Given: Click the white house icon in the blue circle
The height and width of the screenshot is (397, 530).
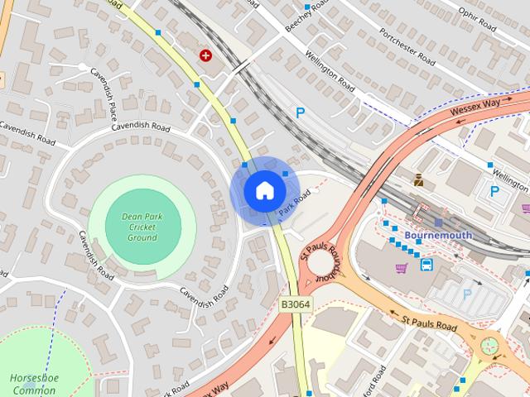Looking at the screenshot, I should (x=264, y=190).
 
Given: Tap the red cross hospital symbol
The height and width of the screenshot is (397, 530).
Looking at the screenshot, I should (x=205, y=55).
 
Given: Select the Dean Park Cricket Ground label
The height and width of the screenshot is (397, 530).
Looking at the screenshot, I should (x=142, y=227).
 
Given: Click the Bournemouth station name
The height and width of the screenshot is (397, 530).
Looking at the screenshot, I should (x=438, y=235).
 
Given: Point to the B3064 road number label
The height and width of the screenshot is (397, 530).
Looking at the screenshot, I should (x=295, y=304).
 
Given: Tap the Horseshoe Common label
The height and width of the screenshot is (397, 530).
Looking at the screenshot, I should (x=32, y=384).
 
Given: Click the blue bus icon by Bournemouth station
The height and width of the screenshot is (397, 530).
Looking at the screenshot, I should (x=426, y=265).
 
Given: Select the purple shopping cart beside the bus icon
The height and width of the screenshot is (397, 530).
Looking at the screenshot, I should (x=402, y=268).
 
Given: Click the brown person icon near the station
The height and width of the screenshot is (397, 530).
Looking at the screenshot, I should (x=419, y=179).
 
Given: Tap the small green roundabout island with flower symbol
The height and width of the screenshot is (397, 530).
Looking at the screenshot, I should (x=489, y=345).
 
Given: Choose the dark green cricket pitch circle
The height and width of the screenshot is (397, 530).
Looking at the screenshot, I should (x=142, y=227).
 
